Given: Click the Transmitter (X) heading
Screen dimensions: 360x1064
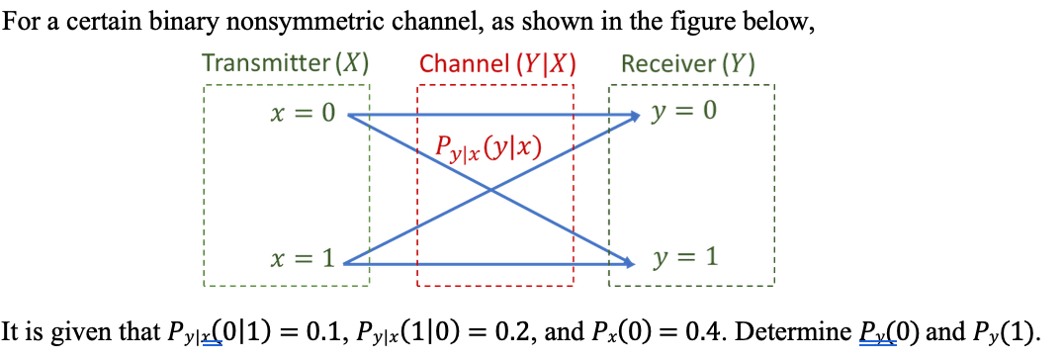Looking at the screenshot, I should tap(286, 64).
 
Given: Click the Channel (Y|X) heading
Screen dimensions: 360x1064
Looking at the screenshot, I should tap(497, 64).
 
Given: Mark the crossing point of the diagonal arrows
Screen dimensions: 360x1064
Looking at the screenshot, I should tap(490, 190).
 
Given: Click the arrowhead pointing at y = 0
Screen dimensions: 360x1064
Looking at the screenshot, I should tap(634, 116).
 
